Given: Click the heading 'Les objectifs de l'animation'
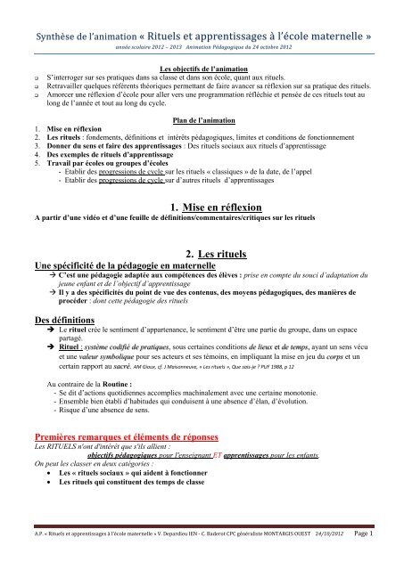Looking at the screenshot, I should [x=202, y=69].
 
